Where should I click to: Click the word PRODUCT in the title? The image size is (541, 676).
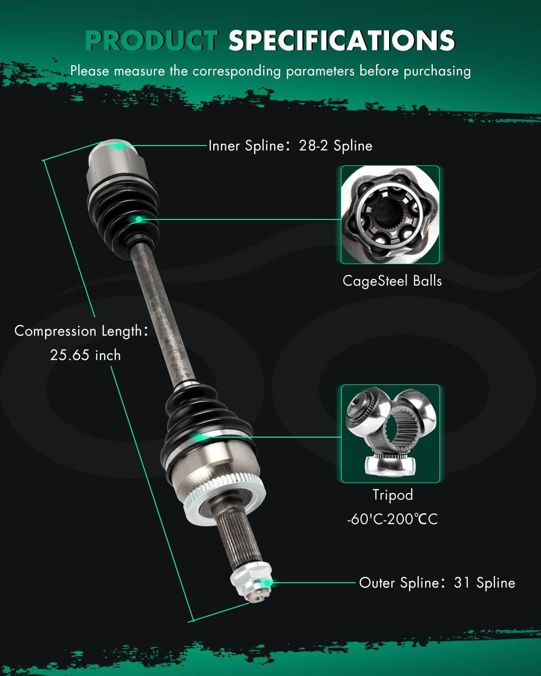pyautogui.click(x=151, y=40)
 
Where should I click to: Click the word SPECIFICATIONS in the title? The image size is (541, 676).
pyautogui.click(x=342, y=40)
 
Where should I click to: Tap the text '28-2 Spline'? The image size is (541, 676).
pyautogui.click(x=335, y=146)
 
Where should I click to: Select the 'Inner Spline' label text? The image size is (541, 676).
pyautogui.click(x=246, y=146)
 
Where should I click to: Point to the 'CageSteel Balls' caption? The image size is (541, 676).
pyautogui.click(x=392, y=281)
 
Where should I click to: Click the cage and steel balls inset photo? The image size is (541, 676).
pyautogui.click(x=390, y=215)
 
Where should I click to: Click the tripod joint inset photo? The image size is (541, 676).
pyautogui.click(x=390, y=434)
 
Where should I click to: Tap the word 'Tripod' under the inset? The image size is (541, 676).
pyautogui.click(x=393, y=495)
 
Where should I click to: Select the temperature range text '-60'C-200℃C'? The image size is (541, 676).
pyautogui.click(x=392, y=519)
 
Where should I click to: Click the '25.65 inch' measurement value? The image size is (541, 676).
pyautogui.click(x=85, y=355)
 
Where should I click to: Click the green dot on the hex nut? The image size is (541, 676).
pyautogui.click(x=267, y=583)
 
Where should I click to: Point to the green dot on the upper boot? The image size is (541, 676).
pyautogui.click(x=138, y=219)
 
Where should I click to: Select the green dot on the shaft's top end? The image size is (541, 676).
pyautogui.click(x=118, y=146)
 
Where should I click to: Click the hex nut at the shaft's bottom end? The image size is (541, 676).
pyautogui.click(x=251, y=580)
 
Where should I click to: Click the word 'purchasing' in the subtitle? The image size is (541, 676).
pyautogui.click(x=437, y=71)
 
